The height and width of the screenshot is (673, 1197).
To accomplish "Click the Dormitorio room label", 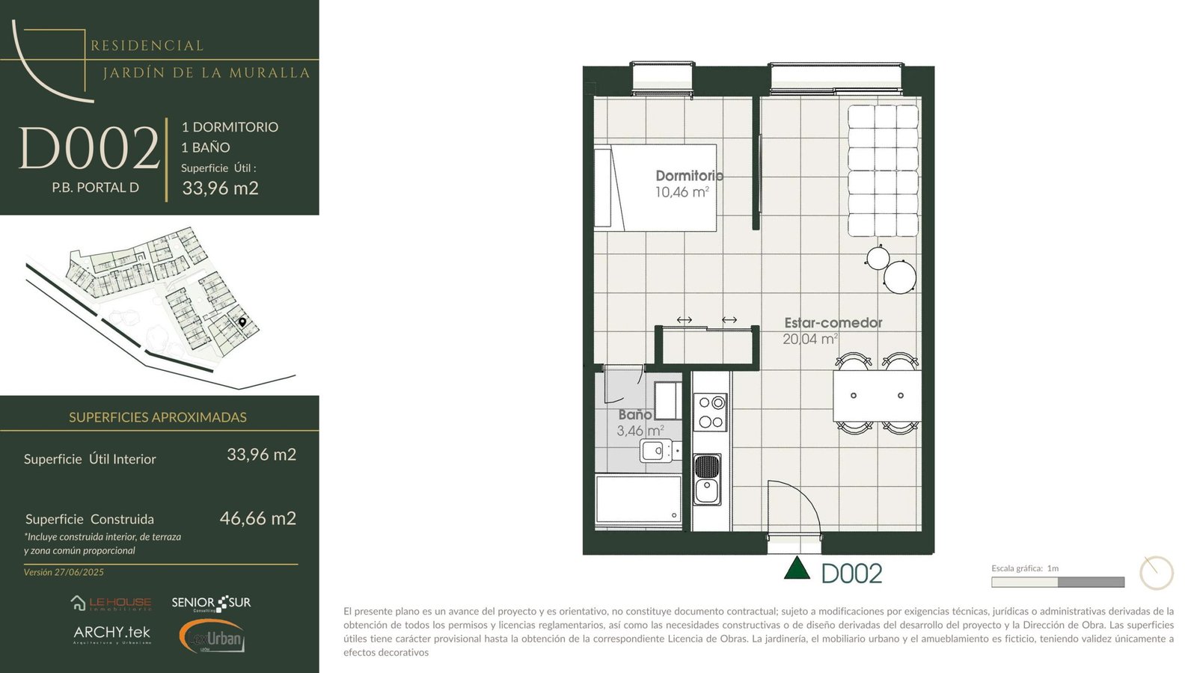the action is click(689, 175).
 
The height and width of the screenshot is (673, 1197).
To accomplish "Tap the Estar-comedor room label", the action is click(833, 322).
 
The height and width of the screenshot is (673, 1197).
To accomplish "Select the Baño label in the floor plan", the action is click(635, 414).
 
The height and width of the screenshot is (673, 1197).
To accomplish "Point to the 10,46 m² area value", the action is click(682, 191).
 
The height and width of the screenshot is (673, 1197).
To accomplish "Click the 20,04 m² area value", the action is click(810, 339).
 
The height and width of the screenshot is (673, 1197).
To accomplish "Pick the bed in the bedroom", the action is click(655, 188).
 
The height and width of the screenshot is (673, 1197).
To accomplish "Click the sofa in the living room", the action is click(883, 170).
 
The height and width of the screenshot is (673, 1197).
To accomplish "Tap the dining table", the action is click(877, 396).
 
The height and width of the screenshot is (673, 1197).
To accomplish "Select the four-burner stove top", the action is click(711, 412).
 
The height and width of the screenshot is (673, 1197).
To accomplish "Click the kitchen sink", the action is click(707, 479).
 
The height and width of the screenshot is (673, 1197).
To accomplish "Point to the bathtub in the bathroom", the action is click(638, 500).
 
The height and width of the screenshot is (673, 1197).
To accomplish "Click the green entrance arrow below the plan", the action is click(797, 568).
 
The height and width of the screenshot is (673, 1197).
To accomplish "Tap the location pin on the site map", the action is click(242, 322).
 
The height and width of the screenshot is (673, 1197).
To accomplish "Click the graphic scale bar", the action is click(1058, 582).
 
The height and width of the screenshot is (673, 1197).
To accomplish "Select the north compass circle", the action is click(1157, 573).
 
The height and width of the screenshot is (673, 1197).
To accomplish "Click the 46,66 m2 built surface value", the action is click(257, 518).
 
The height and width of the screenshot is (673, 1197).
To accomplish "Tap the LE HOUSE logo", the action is click(111, 603).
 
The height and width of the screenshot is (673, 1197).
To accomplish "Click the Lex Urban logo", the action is click(212, 636).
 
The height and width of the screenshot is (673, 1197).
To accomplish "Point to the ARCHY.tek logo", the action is click(111, 633).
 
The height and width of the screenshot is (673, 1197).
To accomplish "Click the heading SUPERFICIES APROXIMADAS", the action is click(158, 417).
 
